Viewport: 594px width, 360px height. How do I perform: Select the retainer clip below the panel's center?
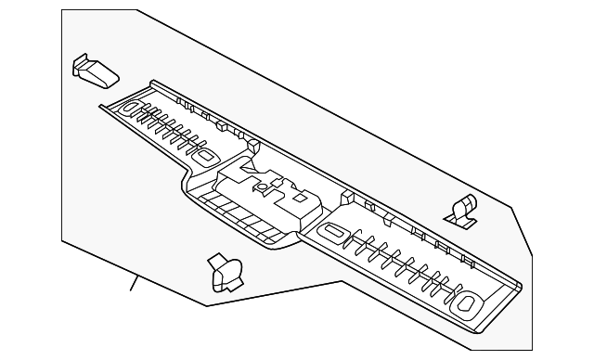(226, 273)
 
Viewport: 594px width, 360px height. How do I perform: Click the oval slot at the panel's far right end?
(468, 301)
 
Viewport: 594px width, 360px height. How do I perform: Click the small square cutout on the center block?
(300, 198)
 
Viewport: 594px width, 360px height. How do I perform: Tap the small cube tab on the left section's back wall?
(223, 125)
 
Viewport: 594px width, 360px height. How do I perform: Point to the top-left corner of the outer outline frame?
(62, 10)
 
